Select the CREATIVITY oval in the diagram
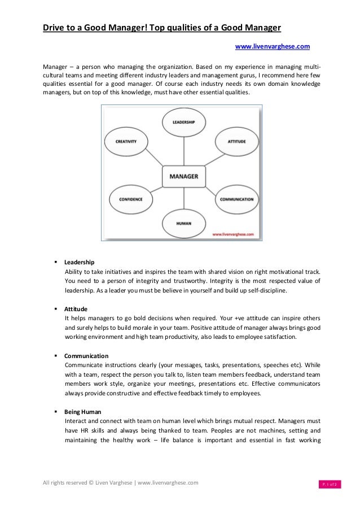tap(126, 142)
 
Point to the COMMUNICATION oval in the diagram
tap(236, 199)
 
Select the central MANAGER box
tap(183, 177)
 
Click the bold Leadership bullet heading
tap(79, 263)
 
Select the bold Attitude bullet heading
tap(76, 310)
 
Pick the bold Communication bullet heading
tap(86, 356)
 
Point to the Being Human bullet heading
tap(83, 412)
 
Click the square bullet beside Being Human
tap(56, 412)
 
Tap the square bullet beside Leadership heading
tap(56, 263)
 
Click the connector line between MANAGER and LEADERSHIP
tap(183, 150)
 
